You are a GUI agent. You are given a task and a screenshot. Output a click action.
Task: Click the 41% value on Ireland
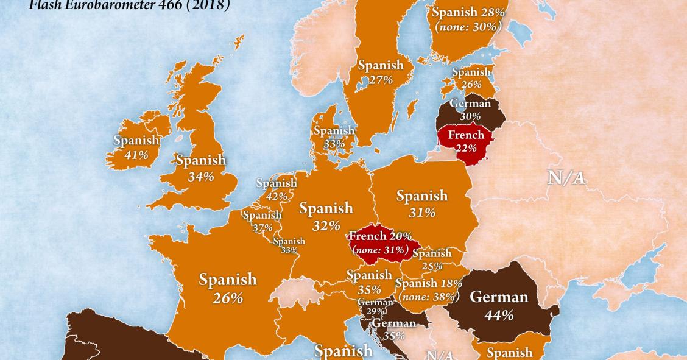[x=136, y=155]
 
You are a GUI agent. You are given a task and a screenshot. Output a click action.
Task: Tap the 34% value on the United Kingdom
[x=201, y=177]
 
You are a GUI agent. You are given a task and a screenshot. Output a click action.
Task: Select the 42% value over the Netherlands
[x=277, y=196]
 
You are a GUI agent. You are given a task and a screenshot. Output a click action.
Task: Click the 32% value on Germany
[x=326, y=225]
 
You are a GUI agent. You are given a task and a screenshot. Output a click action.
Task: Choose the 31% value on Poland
[x=422, y=213]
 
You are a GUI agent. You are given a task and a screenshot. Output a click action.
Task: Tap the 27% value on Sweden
[x=381, y=80]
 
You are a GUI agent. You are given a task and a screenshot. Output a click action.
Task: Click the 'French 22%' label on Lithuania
[x=465, y=141]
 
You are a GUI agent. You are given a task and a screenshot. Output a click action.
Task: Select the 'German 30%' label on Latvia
[x=470, y=110]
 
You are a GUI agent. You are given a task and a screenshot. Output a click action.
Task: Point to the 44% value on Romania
[x=499, y=315]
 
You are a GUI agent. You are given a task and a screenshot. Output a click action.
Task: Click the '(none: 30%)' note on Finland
[x=468, y=27]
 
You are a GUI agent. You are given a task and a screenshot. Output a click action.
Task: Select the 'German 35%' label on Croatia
[x=393, y=329]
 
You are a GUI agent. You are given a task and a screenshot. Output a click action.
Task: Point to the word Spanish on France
[x=228, y=280]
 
